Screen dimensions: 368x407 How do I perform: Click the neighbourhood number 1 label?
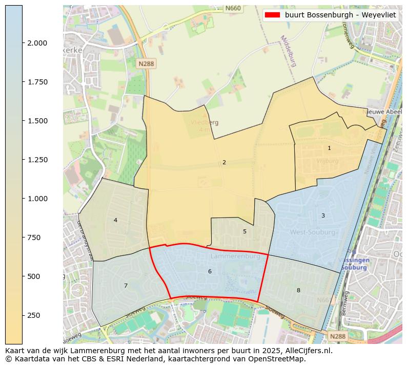pos(329,148)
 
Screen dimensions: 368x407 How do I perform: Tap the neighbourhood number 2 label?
pos(224,162)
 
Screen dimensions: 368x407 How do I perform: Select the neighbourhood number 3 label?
pos(323,215)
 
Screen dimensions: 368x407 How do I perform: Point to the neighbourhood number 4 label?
pos(115,220)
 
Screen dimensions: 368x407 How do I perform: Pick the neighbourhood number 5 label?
pos(245,231)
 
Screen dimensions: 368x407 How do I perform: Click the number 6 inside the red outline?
pos(210,271)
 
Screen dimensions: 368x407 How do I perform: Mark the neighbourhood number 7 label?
pos(126,286)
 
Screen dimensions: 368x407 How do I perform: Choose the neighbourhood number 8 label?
pos(298,290)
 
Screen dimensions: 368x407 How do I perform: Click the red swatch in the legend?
pos(272,15)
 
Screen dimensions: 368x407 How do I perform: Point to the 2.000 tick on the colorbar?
pos(37,43)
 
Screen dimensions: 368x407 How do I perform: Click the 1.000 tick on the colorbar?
pos(37,199)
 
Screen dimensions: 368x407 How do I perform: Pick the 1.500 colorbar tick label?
pos(37,121)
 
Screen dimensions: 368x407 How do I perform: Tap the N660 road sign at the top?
pos(233,8)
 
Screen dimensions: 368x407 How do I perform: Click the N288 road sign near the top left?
pos(147,63)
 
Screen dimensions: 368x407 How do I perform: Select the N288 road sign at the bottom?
pos(337,336)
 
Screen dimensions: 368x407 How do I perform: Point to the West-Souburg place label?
pos(313,232)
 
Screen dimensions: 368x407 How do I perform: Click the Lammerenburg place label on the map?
pos(235,256)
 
